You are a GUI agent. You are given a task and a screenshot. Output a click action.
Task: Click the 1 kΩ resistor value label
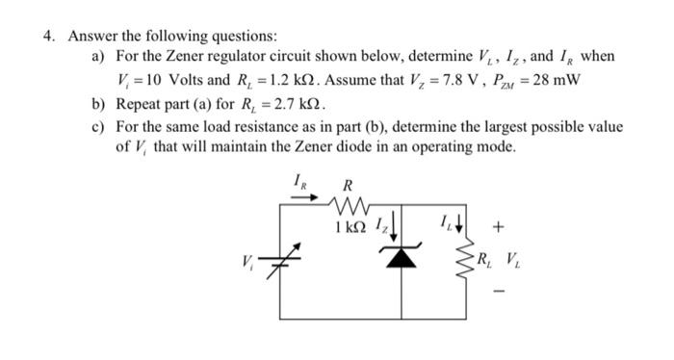pyautogui.click(x=343, y=228)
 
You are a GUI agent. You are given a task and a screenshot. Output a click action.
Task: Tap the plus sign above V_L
pyautogui.click(x=497, y=228)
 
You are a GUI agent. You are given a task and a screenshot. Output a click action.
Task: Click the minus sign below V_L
pyautogui.click(x=497, y=288)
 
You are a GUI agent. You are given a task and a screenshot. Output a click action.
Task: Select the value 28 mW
pyautogui.click(x=559, y=80)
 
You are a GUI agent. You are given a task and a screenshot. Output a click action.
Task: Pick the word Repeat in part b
pyautogui.click(x=138, y=103)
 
